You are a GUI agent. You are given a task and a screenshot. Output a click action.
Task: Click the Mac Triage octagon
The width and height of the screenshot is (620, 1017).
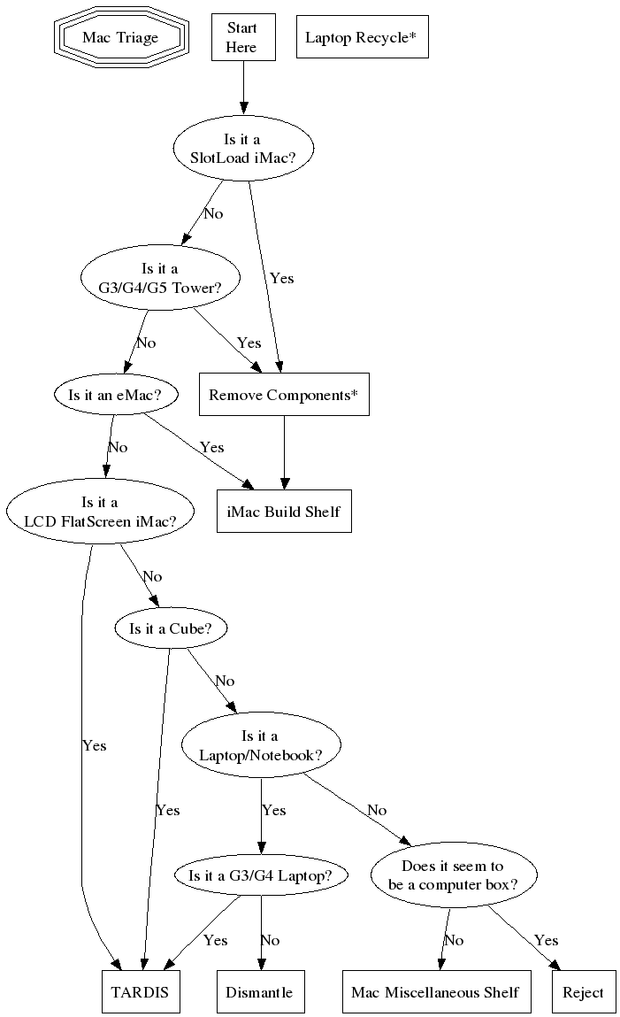[x=120, y=37]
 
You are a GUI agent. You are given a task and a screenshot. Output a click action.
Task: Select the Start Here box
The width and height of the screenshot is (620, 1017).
[x=241, y=37]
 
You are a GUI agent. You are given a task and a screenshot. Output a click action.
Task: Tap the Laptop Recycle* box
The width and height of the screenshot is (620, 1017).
[x=362, y=37]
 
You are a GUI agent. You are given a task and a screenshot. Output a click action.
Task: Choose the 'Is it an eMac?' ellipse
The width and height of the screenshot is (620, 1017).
[x=115, y=395]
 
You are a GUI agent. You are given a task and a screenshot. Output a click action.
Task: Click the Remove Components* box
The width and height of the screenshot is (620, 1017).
[x=283, y=395]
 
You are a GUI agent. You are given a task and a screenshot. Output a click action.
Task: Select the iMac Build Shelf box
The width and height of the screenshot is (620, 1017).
[x=283, y=512]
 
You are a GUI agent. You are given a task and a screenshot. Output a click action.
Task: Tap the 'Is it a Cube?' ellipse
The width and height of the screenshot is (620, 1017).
[x=172, y=628]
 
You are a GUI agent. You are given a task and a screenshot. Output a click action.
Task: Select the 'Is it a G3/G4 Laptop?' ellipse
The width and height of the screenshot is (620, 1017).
[x=260, y=875]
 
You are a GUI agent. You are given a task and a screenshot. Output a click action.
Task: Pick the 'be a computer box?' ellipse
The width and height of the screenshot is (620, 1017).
[x=453, y=875]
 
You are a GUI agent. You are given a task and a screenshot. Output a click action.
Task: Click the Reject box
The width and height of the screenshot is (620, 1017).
[x=583, y=992]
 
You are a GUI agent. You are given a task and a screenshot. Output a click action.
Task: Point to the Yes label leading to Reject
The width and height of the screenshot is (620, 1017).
[x=547, y=940]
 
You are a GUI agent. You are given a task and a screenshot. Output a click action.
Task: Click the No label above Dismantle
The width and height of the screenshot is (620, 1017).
[x=270, y=940]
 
